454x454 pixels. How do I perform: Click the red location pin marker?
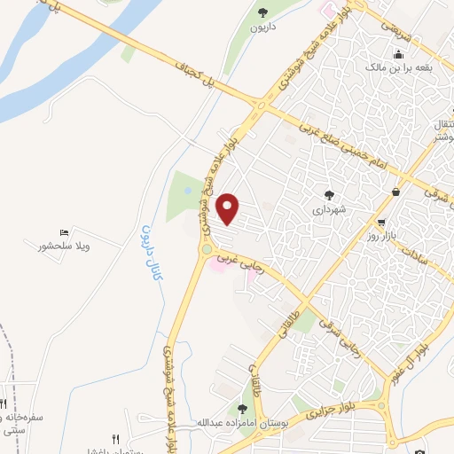[x=229, y=209]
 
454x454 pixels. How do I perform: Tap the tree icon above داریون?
[x=263, y=12]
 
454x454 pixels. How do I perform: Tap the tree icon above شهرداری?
[x=330, y=195]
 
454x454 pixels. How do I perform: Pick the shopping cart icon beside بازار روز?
[x=381, y=223]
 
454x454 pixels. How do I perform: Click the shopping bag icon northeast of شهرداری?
[x=395, y=192]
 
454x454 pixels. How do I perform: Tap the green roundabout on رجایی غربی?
[x=207, y=251]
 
